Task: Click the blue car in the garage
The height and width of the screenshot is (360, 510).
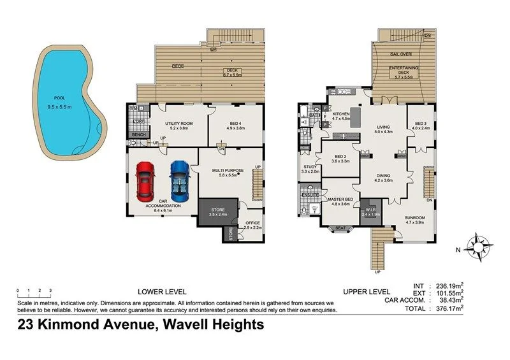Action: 178,179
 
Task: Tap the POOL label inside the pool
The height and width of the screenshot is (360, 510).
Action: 59,97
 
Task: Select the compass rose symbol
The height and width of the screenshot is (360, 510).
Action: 479,248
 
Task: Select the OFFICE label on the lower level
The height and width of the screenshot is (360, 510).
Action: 254,222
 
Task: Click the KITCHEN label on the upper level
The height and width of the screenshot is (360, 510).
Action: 342,113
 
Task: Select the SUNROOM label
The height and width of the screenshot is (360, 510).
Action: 414,218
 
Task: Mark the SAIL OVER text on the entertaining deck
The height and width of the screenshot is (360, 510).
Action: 402,55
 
